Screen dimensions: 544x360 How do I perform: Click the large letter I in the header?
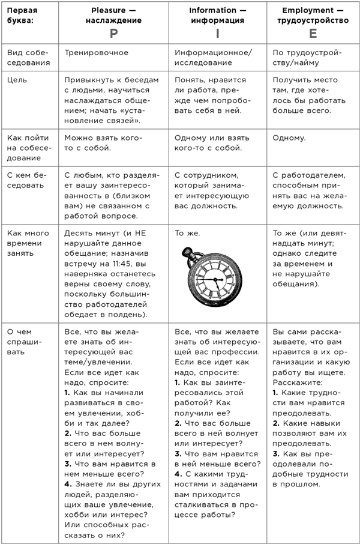[x=217, y=34]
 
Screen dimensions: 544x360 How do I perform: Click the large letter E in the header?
[x=313, y=34]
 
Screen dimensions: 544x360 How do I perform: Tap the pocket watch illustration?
[x=212, y=280]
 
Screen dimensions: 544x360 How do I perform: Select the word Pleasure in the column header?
[x=107, y=11]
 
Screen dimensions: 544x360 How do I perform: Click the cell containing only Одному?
[x=289, y=138]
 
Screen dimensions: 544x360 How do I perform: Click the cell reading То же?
[x=188, y=232]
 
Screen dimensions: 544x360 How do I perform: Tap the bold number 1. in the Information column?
[x=178, y=382]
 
